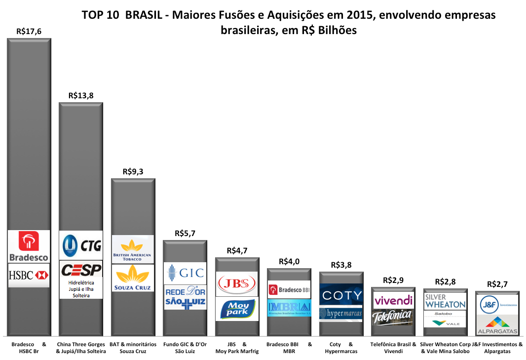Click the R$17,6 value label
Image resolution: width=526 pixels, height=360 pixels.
point(29,31)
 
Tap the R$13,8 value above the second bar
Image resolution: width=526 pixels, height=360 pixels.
point(81,95)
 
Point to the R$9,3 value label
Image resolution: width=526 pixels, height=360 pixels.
point(133,171)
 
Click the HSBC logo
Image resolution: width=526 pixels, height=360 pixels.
point(29,276)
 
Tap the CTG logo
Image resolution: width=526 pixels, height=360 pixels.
point(81,244)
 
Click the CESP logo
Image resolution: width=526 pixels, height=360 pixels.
point(81,270)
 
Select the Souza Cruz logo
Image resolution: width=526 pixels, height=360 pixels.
point(133,278)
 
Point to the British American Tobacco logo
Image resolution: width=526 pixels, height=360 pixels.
point(133,249)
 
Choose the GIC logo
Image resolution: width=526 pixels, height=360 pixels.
point(185,273)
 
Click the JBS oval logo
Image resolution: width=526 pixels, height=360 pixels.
point(237,283)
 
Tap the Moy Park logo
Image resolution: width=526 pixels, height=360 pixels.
point(237,309)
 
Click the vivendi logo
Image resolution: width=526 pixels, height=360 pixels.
point(393,300)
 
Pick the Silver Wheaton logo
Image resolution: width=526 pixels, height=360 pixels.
point(445,301)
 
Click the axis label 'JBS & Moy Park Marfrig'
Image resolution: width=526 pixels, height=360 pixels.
point(237,348)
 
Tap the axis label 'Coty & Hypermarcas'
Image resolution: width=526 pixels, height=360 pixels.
point(341,348)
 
